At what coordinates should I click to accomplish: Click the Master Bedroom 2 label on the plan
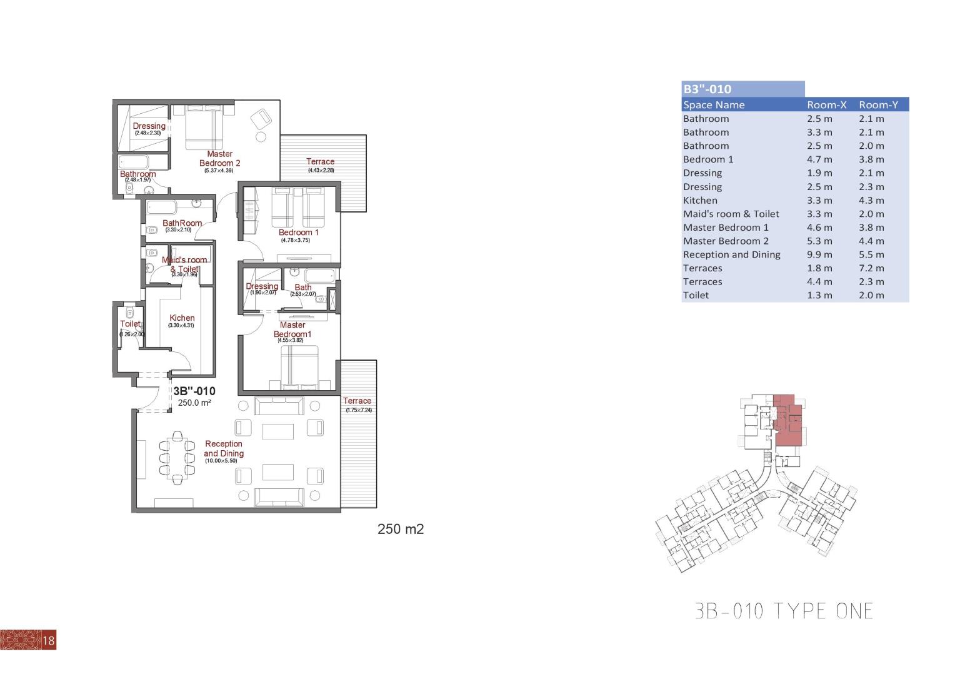coord(219,158)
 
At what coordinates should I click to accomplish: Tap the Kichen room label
coord(182,318)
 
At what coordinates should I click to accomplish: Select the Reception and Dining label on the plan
coord(223,448)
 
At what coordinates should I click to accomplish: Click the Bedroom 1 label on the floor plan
coord(298,232)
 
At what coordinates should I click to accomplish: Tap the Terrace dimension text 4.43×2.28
coord(321,170)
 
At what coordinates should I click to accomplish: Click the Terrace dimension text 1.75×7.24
coord(359,410)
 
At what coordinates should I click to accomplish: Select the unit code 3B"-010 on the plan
coord(194,391)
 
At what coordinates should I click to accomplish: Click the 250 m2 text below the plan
coord(401,529)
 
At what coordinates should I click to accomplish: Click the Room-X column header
coord(826,105)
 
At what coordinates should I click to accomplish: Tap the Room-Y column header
coord(878,105)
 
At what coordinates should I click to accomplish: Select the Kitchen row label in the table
coord(700,200)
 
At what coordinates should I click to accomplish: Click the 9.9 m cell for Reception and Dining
coord(819,254)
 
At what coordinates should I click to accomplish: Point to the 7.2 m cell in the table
coord(871,268)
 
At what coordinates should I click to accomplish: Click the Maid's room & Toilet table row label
coord(731,214)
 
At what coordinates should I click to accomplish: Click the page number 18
coord(49,640)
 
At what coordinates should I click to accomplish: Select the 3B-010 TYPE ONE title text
coord(784,610)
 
